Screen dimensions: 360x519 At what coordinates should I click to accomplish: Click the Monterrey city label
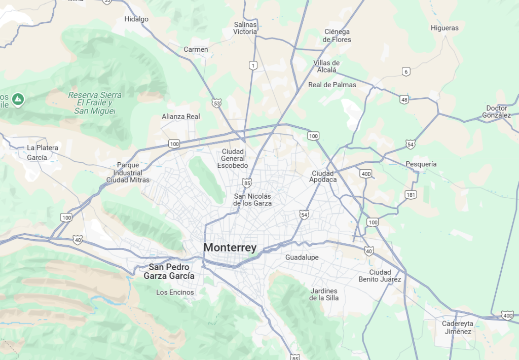[x=230, y=247]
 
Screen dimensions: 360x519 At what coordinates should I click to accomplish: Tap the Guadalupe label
[x=302, y=258]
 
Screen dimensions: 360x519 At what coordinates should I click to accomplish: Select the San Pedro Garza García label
[x=169, y=272]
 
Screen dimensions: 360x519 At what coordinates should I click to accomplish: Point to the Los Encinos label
[x=175, y=292]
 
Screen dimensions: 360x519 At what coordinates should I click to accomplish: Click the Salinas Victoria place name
[x=245, y=28]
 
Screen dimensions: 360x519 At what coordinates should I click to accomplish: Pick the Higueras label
[x=444, y=28]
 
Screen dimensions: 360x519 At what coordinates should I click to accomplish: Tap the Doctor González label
[x=497, y=112]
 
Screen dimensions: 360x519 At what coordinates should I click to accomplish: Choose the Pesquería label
[x=421, y=164]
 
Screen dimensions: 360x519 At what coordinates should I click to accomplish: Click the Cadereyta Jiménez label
[x=457, y=328]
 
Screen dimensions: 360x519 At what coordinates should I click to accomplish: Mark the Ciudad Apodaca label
[x=324, y=176]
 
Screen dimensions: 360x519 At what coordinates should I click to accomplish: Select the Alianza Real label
[x=181, y=116]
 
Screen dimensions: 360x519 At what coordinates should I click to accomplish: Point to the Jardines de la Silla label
[x=324, y=294]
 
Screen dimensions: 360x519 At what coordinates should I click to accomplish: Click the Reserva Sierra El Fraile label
[x=95, y=103]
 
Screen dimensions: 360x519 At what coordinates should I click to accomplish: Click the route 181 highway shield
[x=411, y=195]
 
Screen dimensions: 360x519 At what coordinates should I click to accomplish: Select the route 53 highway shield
[x=217, y=103]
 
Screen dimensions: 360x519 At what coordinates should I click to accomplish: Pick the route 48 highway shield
[x=404, y=99]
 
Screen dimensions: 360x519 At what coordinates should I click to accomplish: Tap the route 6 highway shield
[x=405, y=71]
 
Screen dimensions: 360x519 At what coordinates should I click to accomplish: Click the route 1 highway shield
[x=253, y=65]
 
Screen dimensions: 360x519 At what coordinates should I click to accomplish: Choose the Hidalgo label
[x=137, y=19]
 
